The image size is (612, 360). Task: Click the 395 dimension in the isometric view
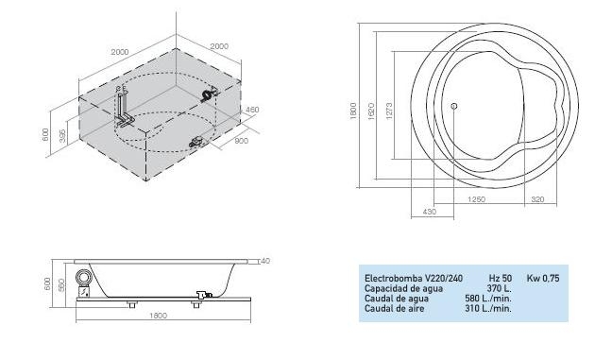pyautogui.click(x=62, y=134)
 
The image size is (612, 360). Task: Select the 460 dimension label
pyautogui.click(x=252, y=111)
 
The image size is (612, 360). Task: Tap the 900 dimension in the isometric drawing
pyautogui.click(x=241, y=141)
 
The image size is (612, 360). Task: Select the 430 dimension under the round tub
pyautogui.click(x=430, y=213)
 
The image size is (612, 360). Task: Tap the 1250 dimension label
pyautogui.click(x=477, y=201)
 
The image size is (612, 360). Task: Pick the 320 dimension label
pyautogui.click(x=538, y=201)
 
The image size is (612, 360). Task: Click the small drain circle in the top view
pyautogui.click(x=453, y=106)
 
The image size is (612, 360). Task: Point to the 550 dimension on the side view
pyautogui.click(x=61, y=284)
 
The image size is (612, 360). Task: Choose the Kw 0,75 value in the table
pyautogui.click(x=543, y=279)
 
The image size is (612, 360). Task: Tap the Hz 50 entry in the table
pyautogui.click(x=501, y=279)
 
